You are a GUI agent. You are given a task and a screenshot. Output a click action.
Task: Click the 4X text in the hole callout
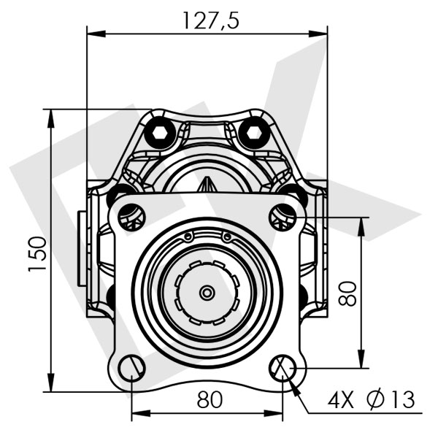coord(341,400)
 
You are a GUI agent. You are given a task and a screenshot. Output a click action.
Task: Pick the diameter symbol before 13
coord(376,400)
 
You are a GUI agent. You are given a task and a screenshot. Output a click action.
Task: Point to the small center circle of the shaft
coord(207,293)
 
